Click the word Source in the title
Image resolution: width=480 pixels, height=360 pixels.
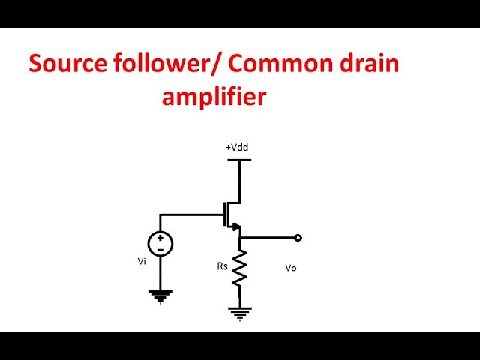67,64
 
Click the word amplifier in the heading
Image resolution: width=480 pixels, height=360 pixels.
214,97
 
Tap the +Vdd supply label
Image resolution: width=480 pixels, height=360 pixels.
236,148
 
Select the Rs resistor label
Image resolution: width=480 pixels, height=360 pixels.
222,265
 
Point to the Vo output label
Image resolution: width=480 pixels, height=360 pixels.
291,268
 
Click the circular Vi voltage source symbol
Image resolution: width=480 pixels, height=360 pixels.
160,243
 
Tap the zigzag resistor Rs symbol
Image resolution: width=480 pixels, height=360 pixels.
240,268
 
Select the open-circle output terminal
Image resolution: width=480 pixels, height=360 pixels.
298,238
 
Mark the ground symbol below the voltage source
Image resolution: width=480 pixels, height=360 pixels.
160,295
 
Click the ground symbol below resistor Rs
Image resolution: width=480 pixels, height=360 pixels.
240,312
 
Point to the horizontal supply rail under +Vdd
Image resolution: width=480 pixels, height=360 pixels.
239,160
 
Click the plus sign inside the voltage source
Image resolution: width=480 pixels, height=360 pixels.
160,238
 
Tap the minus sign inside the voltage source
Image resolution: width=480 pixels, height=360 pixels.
160,248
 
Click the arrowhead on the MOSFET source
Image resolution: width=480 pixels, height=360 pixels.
234,226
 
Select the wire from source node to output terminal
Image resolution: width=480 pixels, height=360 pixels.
268,238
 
